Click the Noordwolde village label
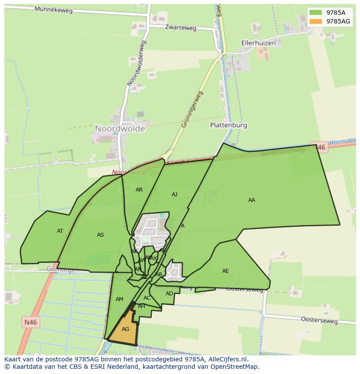click(x=120, y=129)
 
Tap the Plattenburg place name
click(x=228, y=125)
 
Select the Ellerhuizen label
click(x=259, y=43)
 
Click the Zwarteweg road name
click(x=180, y=28)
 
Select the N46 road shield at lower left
click(x=30, y=322)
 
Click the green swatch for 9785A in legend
click(x=316, y=13)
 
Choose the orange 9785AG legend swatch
click(x=316, y=21)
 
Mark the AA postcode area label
click(x=252, y=200)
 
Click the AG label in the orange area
click(x=125, y=329)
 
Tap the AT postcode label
click(x=60, y=231)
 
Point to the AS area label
click(x=100, y=235)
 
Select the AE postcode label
click(x=225, y=271)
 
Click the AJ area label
click(x=174, y=195)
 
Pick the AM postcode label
click(x=120, y=299)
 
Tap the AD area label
click(x=169, y=294)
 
